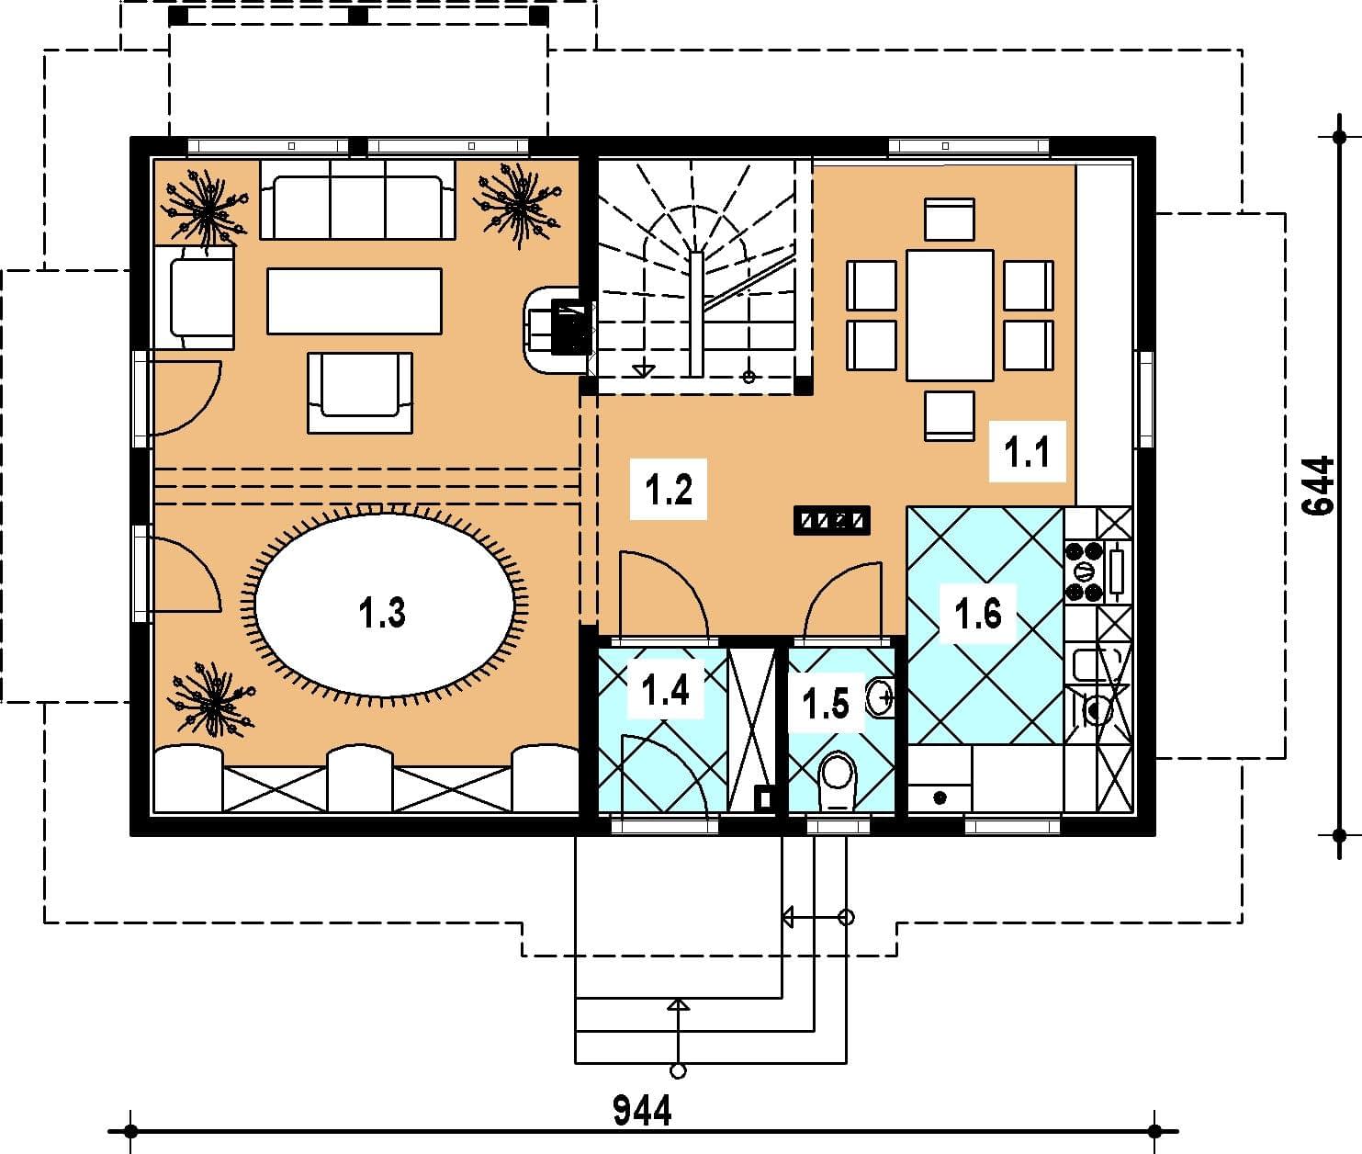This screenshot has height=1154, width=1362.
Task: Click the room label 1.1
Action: point(1027,453)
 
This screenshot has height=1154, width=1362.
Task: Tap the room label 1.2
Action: point(669,491)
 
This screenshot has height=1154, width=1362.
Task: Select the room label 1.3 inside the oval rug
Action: point(381,612)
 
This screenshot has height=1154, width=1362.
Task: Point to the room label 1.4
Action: point(665,691)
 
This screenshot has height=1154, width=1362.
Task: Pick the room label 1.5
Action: point(826,703)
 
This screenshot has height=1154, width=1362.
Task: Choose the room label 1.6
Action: point(978,614)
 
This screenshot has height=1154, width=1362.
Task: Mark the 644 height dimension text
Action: point(1319,486)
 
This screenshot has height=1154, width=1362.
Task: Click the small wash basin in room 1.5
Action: point(881,696)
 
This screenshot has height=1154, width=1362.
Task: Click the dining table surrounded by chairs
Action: point(950,315)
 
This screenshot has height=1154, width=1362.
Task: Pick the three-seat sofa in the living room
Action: point(357,199)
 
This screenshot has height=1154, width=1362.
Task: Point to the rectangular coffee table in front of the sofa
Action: point(355,301)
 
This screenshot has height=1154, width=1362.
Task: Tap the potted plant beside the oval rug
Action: point(210,701)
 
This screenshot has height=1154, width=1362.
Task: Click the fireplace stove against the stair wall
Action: point(559,330)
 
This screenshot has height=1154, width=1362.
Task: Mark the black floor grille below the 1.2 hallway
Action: point(831,521)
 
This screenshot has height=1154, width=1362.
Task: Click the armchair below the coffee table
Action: point(360,393)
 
